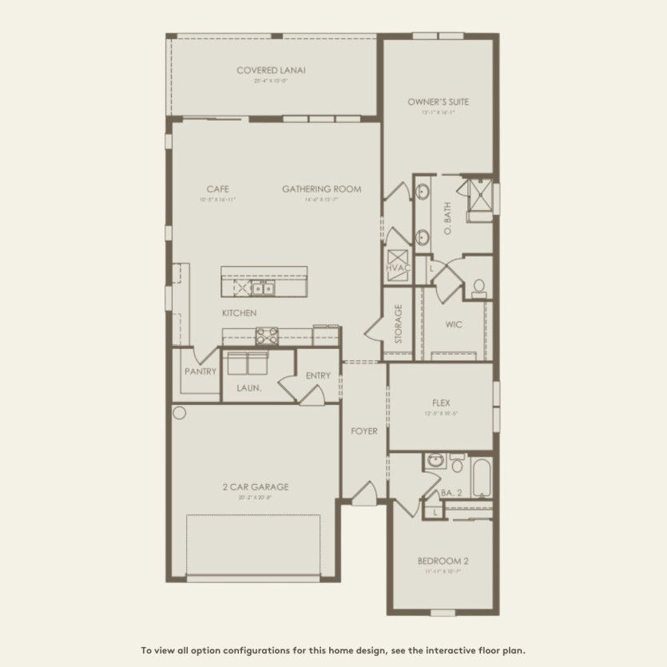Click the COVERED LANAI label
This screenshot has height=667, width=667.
(x=271, y=70)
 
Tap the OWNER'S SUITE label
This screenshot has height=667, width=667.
(x=438, y=102)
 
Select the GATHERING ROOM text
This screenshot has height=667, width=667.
(x=321, y=189)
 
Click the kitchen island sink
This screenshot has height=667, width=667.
(x=264, y=288)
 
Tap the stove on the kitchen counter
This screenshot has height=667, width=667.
(x=267, y=336)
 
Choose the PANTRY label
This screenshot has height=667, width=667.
(x=200, y=371)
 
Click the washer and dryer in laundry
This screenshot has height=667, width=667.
(x=246, y=363)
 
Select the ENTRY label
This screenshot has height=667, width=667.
(x=318, y=375)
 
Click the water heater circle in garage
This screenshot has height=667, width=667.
(x=179, y=413)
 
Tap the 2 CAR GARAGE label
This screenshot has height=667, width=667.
(x=256, y=486)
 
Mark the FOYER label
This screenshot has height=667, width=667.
(x=364, y=431)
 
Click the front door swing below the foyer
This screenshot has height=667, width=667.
(x=364, y=494)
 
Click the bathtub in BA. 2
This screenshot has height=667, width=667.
(x=481, y=478)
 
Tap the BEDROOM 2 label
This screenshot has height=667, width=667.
(x=443, y=561)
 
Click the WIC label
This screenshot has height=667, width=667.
(x=454, y=325)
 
